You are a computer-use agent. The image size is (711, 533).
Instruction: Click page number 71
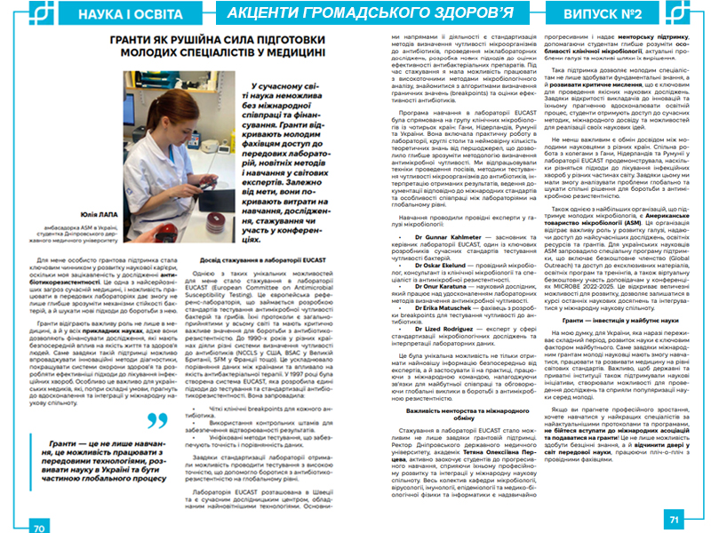click(x=673, y=520)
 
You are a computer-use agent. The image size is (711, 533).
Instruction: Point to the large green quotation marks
click(x=157, y=420)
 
